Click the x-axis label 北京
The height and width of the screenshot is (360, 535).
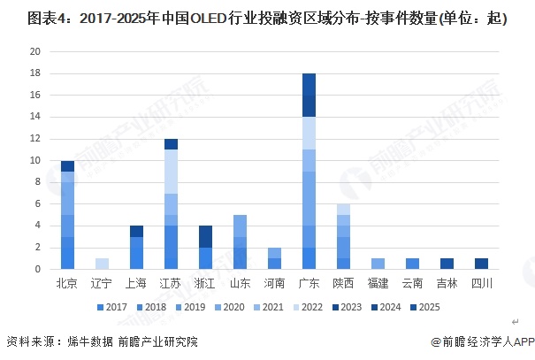(67, 284)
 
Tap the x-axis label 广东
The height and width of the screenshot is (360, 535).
(309, 284)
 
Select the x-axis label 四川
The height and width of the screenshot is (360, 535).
(481, 284)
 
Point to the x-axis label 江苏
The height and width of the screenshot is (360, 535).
(171, 284)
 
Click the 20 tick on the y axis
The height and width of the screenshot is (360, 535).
(35, 51)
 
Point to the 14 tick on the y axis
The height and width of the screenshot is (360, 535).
(35, 117)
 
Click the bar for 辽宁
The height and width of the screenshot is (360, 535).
(102, 264)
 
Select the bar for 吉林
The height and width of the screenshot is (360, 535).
(447, 264)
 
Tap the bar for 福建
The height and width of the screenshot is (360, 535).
(378, 264)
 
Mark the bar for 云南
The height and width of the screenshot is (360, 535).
(412, 264)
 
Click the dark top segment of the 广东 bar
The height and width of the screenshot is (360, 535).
(309, 95)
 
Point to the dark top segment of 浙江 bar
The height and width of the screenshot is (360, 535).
(205, 236)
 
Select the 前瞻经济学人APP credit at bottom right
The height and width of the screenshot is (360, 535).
(482, 342)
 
